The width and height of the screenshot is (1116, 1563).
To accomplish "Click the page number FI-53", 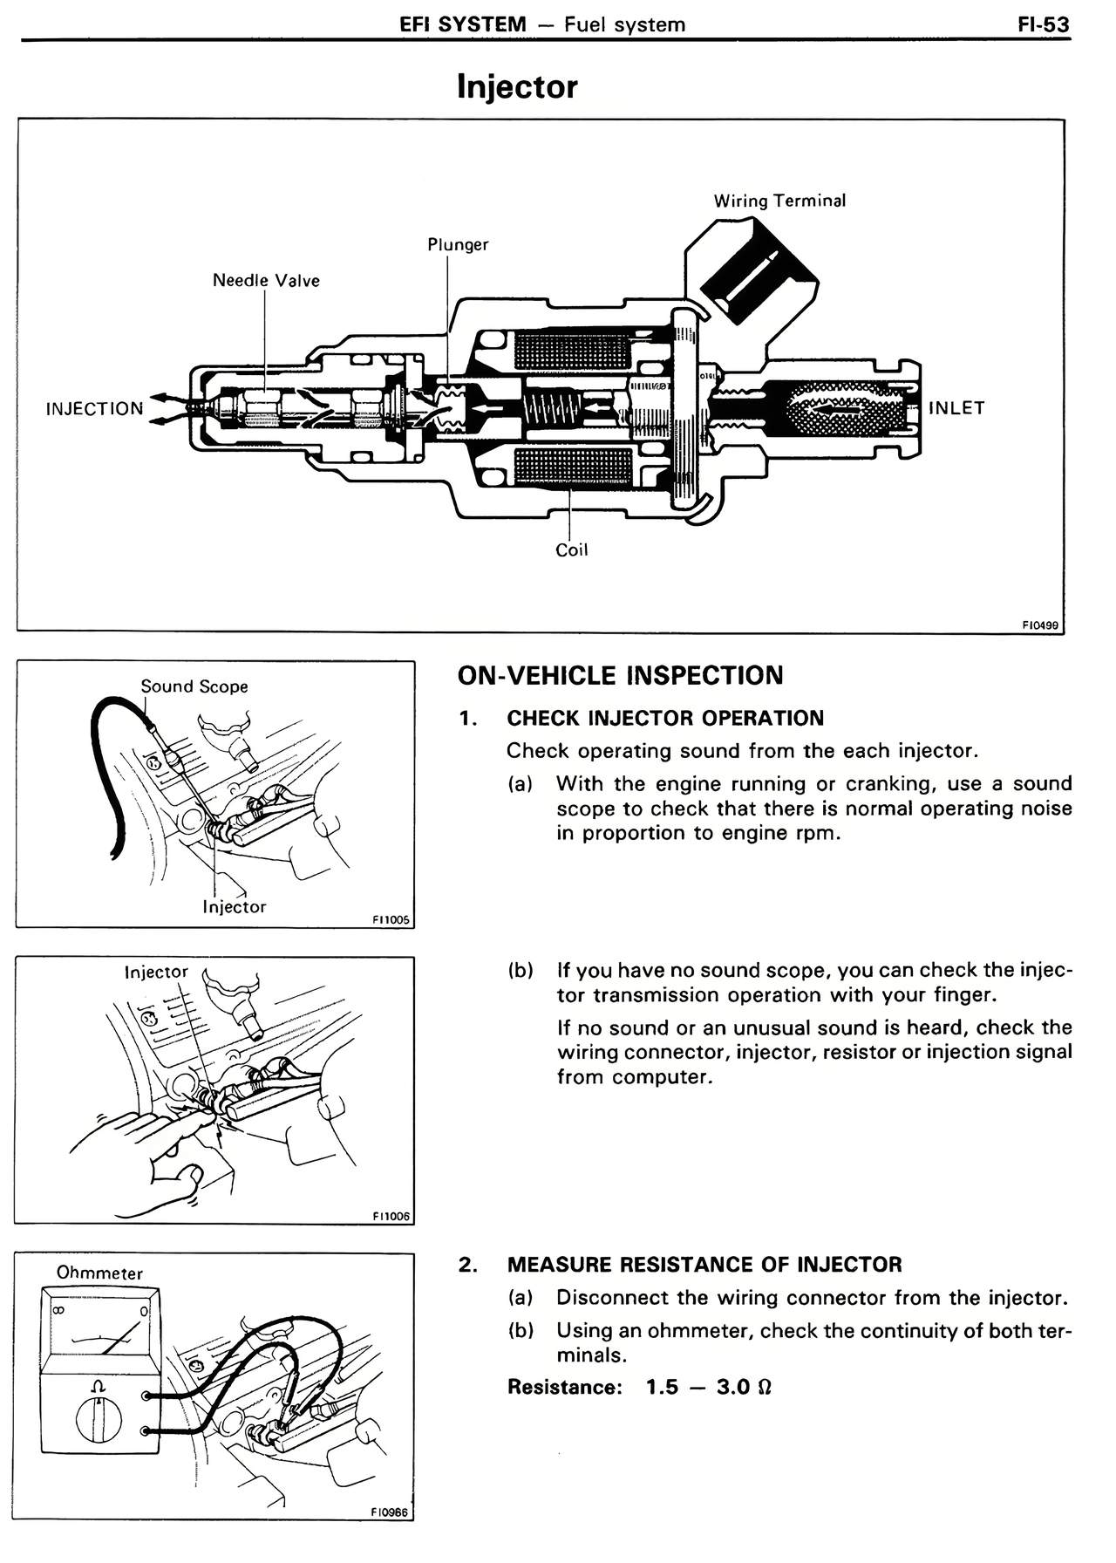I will [x=1043, y=24].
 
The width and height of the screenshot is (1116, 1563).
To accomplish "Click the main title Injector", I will [x=517, y=87].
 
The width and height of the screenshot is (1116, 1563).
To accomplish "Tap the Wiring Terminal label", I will [x=779, y=201].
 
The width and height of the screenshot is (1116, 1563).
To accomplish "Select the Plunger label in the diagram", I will [x=458, y=245].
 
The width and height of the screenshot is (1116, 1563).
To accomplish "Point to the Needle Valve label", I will [x=266, y=281].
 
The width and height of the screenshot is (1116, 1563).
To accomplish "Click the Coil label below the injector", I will [x=572, y=550].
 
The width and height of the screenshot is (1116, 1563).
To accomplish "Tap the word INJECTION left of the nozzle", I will [x=94, y=409].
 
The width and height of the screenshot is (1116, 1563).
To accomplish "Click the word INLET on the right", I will [x=956, y=408].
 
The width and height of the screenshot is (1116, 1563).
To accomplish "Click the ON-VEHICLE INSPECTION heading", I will [x=620, y=676].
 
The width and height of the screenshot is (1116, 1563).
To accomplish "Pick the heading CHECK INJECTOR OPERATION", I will [x=665, y=719].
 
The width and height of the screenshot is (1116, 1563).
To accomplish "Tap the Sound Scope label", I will [x=194, y=687].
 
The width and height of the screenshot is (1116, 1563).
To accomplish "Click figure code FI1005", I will [x=391, y=920].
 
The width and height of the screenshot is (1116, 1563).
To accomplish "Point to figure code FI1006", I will [x=391, y=1217].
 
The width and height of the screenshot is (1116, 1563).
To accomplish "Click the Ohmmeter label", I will [x=99, y=1273].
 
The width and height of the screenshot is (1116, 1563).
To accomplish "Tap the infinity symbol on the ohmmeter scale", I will [x=58, y=1311].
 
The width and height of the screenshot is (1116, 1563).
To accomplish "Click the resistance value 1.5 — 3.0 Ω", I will [x=709, y=1388].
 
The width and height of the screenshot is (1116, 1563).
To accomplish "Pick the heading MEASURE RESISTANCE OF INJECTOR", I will [x=704, y=1265].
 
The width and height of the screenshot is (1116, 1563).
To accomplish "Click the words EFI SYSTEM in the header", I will [x=463, y=24].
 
